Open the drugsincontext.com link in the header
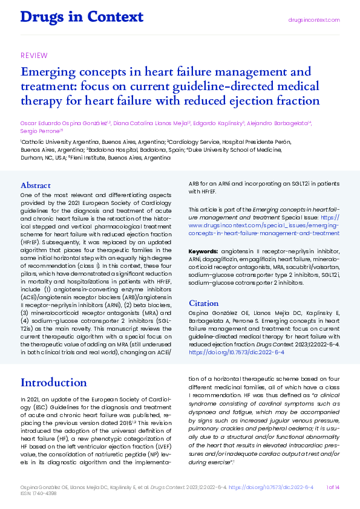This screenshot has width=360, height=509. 313,20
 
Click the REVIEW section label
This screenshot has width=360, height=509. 34,56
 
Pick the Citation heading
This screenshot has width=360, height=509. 204,303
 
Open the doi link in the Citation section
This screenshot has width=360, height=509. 237,351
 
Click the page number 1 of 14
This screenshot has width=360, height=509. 333,487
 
